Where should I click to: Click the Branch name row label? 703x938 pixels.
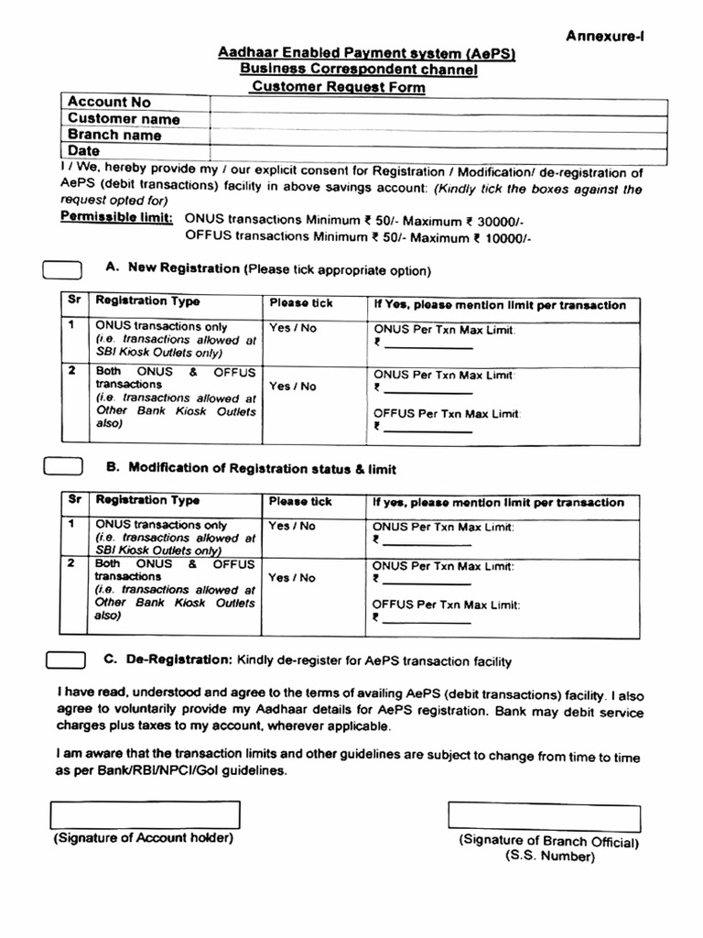tap(114, 136)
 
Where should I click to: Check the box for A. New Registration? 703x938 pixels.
tap(63, 269)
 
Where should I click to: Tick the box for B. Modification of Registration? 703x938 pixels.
tap(63, 466)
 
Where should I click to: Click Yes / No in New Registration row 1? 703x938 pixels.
tap(292, 328)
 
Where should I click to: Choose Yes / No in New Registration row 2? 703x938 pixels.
tap(292, 387)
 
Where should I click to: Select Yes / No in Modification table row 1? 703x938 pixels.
tap(292, 526)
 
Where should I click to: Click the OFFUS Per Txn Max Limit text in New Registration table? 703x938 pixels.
tap(447, 413)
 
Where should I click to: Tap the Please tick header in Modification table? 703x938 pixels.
tap(300, 502)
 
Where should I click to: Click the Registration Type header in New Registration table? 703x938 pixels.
tap(147, 301)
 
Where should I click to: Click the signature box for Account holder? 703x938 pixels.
tap(146, 814)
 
